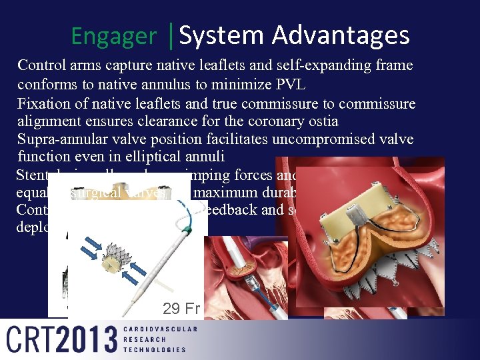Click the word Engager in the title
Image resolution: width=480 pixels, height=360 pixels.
click(x=113, y=36)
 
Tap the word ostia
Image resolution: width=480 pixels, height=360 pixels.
click(x=322, y=122)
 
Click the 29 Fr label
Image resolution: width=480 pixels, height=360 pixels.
click(x=181, y=309)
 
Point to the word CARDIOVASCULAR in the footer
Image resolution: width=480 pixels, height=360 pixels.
click(x=160, y=329)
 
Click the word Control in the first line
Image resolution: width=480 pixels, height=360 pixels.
click(x=41, y=66)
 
